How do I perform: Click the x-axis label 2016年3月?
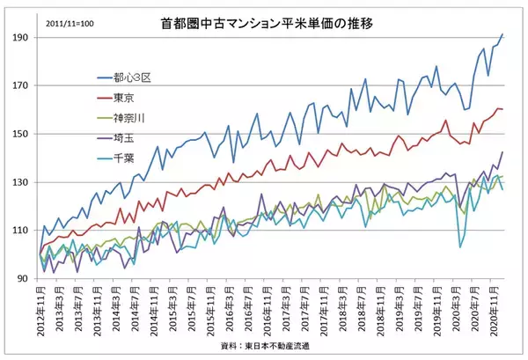click(227, 304)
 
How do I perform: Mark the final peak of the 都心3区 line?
click(502, 34)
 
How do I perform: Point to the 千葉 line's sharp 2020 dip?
click(460, 247)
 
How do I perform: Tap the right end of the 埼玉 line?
click(502, 152)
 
